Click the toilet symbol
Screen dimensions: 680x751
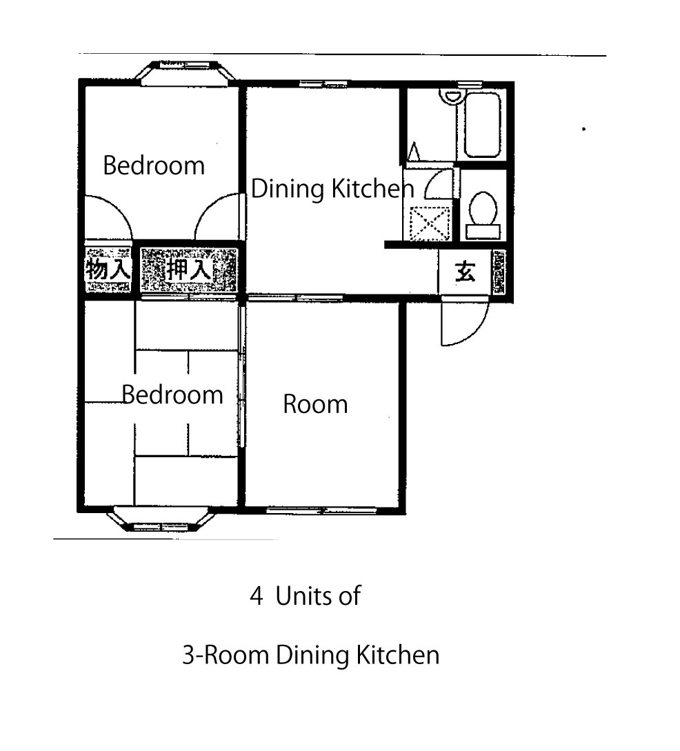coord(483,215)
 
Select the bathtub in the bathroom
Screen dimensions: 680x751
coord(483,125)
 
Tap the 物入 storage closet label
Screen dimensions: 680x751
coord(108,269)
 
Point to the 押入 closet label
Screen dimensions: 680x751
coord(189,270)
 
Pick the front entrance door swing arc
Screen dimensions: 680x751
coord(474,330)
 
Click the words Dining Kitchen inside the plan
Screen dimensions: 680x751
coord(332,189)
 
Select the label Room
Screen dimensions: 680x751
coord(315,404)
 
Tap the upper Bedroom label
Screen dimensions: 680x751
coord(154,166)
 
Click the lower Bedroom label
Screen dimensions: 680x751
coord(172,395)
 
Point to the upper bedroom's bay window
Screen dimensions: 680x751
coord(185,72)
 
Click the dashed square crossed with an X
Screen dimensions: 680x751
coord(430,223)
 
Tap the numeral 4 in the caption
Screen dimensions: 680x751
coord(257,597)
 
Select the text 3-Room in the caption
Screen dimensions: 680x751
coord(225,655)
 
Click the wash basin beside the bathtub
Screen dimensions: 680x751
coord(451,97)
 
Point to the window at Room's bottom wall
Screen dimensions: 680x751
coord(322,510)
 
